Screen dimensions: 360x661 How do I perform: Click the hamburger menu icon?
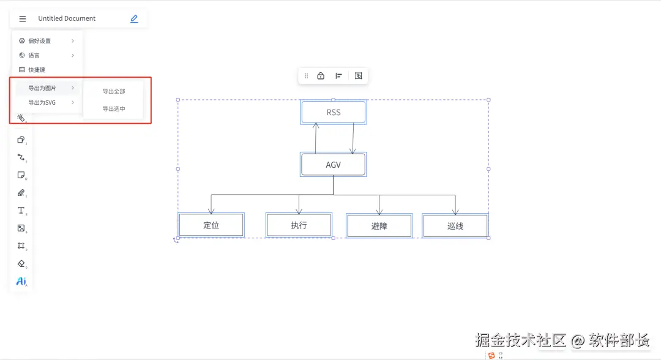(23, 19)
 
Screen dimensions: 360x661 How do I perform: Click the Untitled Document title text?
(67, 19)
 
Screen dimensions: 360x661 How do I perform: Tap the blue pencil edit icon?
(134, 19)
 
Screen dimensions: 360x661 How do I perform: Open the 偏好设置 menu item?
(40, 41)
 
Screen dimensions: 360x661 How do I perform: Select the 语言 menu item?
(34, 56)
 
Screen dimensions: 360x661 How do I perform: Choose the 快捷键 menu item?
(37, 70)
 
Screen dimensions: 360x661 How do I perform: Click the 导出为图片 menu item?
(42, 88)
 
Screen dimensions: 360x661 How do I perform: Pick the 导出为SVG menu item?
(42, 103)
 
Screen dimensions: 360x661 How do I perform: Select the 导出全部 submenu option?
(114, 91)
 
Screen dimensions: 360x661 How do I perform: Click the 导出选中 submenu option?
(114, 109)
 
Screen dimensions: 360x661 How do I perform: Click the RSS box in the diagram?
(334, 113)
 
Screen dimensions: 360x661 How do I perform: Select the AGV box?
(334, 165)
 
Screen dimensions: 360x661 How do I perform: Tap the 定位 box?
(211, 225)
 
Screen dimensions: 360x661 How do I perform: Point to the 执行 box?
(299, 225)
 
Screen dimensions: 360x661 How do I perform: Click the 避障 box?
(379, 226)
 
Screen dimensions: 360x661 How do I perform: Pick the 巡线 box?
(455, 226)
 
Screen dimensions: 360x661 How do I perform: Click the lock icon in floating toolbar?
(321, 76)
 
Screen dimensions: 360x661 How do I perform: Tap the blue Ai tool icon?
(21, 282)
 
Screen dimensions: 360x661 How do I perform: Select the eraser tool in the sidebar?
(21, 264)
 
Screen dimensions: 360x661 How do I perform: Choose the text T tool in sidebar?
(21, 211)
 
